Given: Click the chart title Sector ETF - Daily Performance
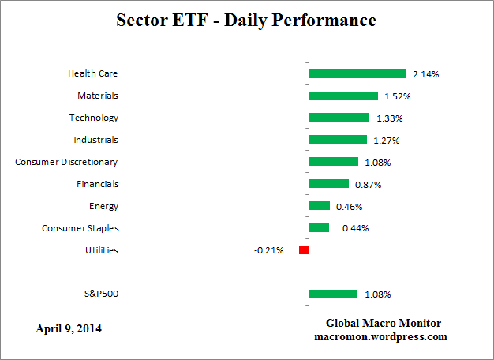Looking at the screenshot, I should (x=247, y=20).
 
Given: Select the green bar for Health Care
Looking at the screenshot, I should (x=357, y=73).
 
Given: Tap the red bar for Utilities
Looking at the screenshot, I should (x=304, y=250).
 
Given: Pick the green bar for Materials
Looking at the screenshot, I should (x=343, y=96).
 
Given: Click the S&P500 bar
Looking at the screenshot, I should (x=333, y=294).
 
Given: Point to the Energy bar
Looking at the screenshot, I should (x=320, y=206).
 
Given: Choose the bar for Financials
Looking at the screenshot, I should (x=329, y=184).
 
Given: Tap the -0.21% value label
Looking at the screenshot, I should (x=269, y=250).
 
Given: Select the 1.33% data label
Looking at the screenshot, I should (x=389, y=118).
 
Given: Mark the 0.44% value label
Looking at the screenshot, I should (x=355, y=228).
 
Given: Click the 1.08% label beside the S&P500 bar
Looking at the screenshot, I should (x=377, y=294).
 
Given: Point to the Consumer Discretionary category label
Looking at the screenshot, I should (x=67, y=162).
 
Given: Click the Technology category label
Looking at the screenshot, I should (x=94, y=118).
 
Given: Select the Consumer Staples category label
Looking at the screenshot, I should (x=80, y=228).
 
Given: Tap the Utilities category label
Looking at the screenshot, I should (x=102, y=250).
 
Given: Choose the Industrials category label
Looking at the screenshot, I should (x=95, y=140).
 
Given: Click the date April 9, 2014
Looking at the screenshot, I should (x=68, y=328).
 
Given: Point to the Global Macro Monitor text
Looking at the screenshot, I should (x=384, y=324).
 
